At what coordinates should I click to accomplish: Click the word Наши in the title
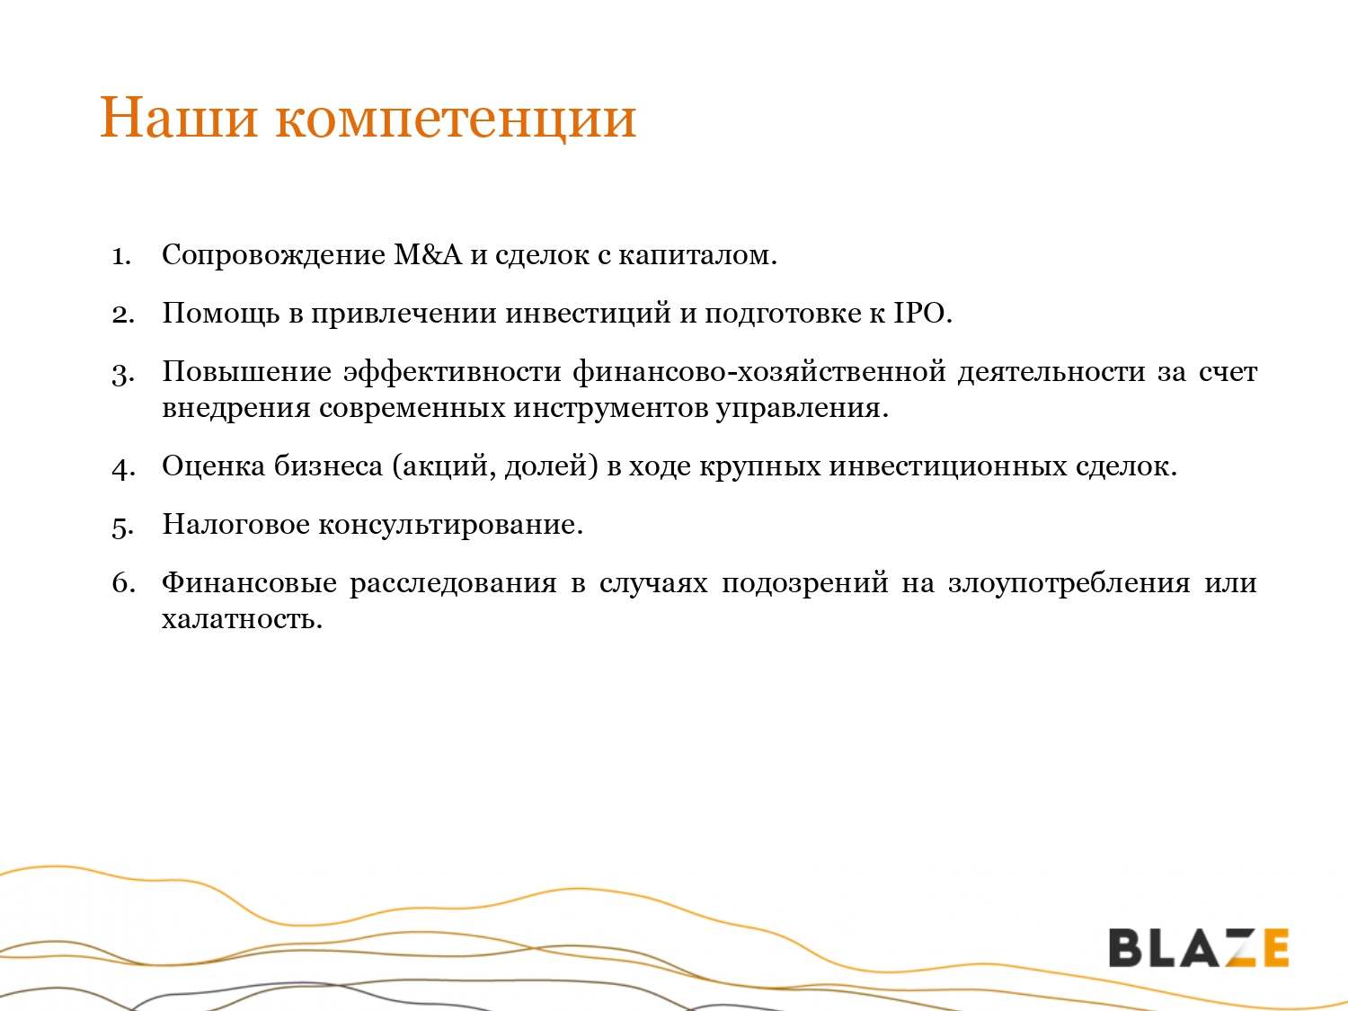pos(178,117)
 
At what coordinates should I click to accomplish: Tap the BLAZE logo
pos(1198,948)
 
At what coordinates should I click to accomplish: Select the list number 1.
pos(121,256)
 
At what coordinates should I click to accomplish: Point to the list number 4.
pos(123,467)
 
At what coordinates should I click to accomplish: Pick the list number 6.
pos(123,582)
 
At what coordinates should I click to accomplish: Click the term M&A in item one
pos(428,254)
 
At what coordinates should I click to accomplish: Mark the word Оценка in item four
pos(214,466)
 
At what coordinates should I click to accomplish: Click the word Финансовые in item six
pos(249,583)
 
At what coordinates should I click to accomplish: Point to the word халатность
pos(242,619)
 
